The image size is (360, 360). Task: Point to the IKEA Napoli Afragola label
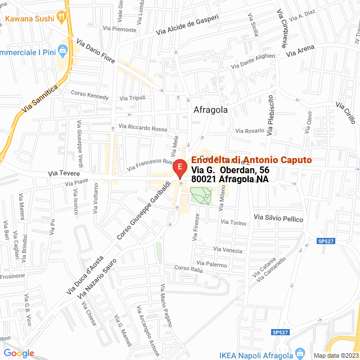pos(256,354)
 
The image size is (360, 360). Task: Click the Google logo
pos(19,353)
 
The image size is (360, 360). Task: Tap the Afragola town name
pos(210,110)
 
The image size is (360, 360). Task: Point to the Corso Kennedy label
pos(90,96)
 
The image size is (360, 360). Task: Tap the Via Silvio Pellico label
pos(278,218)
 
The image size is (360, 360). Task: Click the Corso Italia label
pos(188,269)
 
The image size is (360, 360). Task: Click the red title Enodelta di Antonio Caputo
pos(251,160)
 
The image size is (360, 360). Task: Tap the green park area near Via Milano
pos(200,195)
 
